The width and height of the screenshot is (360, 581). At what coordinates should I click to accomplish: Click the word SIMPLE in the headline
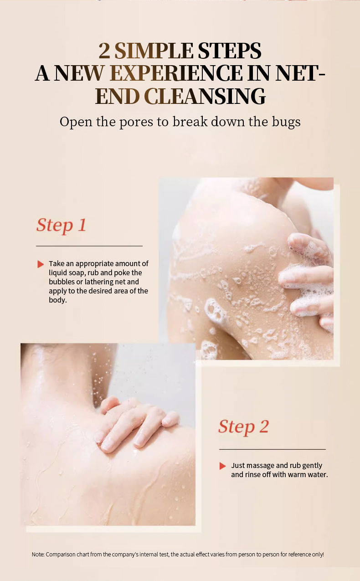click(x=154, y=51)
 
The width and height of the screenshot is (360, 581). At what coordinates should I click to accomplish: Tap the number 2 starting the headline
click(x=104, y=51)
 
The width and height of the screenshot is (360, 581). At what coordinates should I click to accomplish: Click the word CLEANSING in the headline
click(x=205, y=96)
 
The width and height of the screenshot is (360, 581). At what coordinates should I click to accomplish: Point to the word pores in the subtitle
click(x=136, y=123)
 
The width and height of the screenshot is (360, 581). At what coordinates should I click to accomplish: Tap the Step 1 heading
click(x=61, y=225)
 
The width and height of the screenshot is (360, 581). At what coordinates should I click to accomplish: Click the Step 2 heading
click(x=243, y=427)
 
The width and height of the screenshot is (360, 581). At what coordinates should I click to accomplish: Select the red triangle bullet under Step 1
click(x=41, y=264)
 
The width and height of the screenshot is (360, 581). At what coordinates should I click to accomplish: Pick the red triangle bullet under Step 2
click(x=222, y=466)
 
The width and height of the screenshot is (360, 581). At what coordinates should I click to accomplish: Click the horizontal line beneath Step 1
click(x=89, y=246)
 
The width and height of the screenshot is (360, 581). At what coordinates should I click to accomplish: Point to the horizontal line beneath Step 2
click(x=273, y=449)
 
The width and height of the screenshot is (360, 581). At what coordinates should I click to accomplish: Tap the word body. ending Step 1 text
click(x=58, y=300)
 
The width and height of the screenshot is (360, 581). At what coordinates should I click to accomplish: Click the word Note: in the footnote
click(x=38, y=554)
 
